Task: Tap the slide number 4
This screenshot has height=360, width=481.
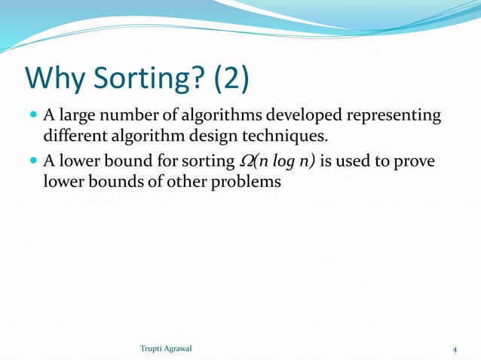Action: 455,348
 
